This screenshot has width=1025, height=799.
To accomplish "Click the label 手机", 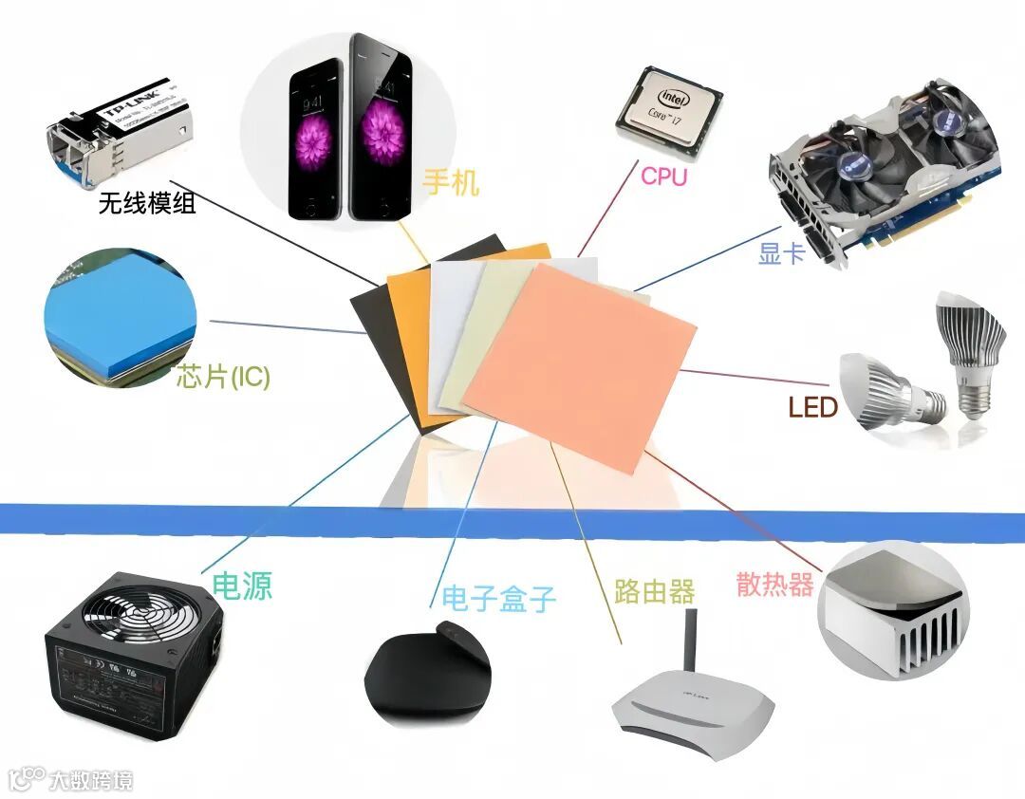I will click(452, 180).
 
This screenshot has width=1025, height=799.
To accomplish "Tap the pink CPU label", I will click(663, 177).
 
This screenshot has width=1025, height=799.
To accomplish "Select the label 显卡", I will click(782, 253).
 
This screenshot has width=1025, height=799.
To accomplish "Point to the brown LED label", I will click(812, 408).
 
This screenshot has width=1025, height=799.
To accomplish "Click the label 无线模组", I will click(147, 203).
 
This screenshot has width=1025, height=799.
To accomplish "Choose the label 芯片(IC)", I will click(223, 377).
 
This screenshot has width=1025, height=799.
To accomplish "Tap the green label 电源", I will click(242, 585).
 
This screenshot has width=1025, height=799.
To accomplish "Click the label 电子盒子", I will click(498, 598).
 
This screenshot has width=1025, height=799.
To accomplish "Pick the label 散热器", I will click(774, 585).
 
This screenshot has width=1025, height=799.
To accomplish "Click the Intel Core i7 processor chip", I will click(668, 109).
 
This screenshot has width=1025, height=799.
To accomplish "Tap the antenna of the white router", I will click(692, 640).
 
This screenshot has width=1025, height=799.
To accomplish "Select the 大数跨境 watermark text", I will click(91, 780).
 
